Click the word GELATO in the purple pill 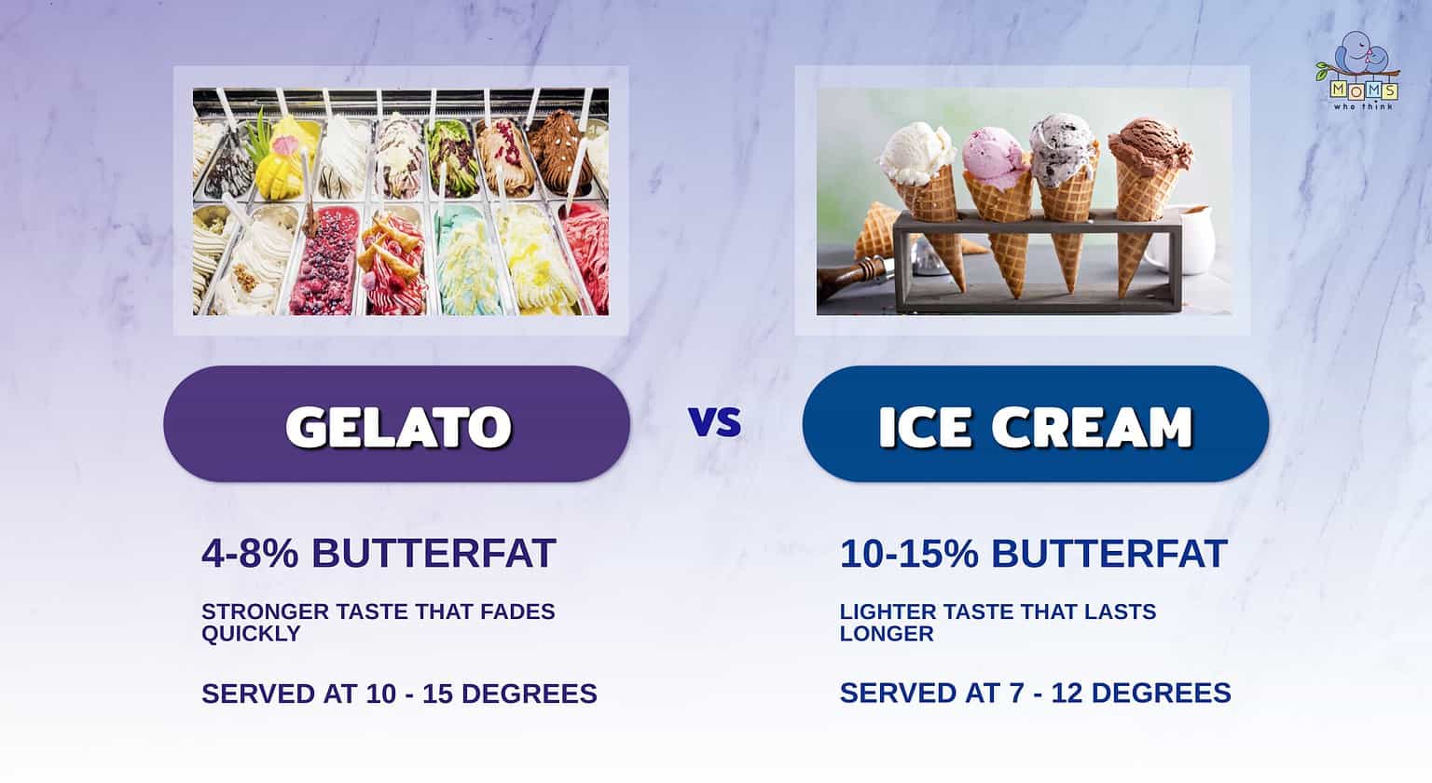click(x=398, y=426)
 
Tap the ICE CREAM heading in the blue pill click(x=1035, y=426)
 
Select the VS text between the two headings click(x=715, y=423)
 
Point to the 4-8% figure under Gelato click(x=249, y=553)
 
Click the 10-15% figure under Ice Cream click(x=909, y=554)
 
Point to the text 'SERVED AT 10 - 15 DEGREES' click(x=399, y=694)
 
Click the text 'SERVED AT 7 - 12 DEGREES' click(x=1035, y=693)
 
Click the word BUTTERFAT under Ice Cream click(x=1108, y=554)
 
